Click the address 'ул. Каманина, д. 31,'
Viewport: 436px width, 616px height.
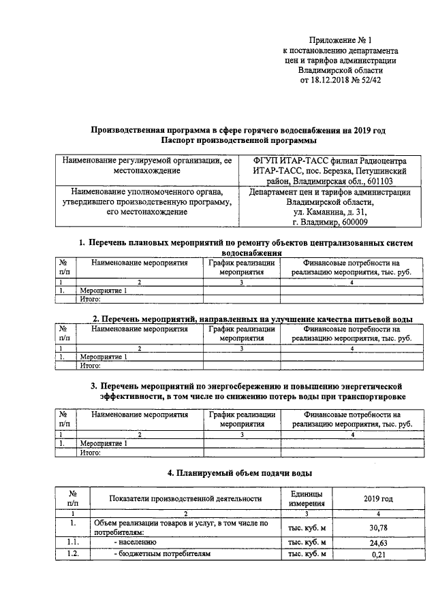coord(330,212)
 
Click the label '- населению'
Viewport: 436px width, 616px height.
coord(136,542)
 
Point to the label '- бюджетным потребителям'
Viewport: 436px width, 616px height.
coord(161,555)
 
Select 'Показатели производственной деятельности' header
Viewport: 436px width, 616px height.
coord(185,498)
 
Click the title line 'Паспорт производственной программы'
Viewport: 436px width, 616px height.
coord(239,140)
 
